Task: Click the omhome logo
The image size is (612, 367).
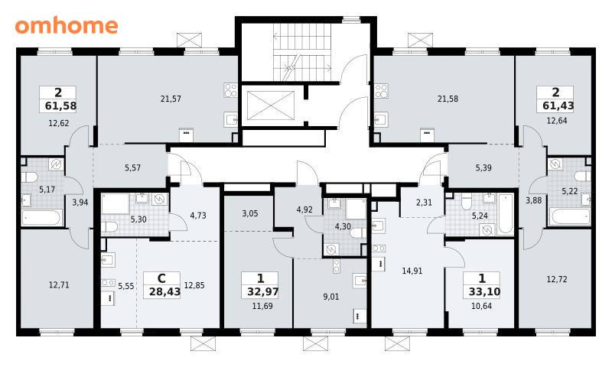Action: point(67,25)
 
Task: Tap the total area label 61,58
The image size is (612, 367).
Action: point(61,106)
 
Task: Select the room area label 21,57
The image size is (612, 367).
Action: point(171,99)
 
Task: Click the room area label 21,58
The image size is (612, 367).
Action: point(448,99)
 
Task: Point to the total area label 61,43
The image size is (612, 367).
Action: point(558,106)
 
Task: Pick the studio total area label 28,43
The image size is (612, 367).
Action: point(164,292)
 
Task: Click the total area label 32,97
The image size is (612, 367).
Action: point(262,292)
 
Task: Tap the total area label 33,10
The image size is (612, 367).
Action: point(484,292)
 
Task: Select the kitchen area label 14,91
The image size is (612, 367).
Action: point(412,271)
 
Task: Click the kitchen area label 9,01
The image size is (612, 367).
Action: point(331,297)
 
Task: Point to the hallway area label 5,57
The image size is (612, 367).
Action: point(132,167)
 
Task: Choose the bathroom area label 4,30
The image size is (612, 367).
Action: point(343,226)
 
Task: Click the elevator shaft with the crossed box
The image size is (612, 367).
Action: point(271,106)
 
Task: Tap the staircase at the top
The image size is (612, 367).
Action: point(302,52)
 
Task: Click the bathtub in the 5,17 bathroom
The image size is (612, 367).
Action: point(42,218)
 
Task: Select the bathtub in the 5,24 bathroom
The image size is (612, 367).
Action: point(506,214)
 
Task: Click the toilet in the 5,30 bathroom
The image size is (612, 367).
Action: point(110,226)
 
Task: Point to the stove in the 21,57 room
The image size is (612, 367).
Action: point(230,90)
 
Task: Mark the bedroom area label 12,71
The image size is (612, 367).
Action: point(59,285)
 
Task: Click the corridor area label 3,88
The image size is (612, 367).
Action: point(533,200)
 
